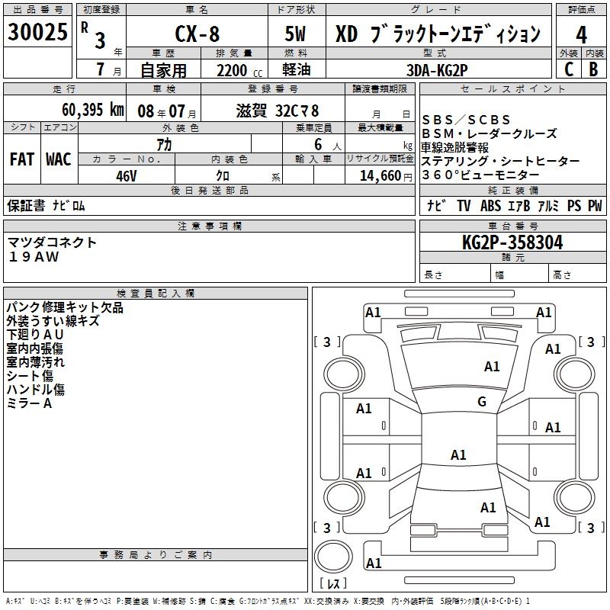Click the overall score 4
click(x=581, y=35)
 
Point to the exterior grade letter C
click(x=568, y=69)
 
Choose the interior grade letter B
click(x=593, y=69)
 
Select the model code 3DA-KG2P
click(x=437, y=69)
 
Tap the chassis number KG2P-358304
click(x=512, y=242)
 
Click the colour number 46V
click(x=127, y=175)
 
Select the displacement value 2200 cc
click(x=233, y=70)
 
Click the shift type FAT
click(x=21, y=159)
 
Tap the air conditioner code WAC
click(x=59, y=159)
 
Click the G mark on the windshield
click(x=482, y=402)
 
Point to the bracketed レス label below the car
click(x=334, y=583)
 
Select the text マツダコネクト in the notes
click(x=52, y=242)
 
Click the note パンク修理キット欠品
click(x=65, y=308)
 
